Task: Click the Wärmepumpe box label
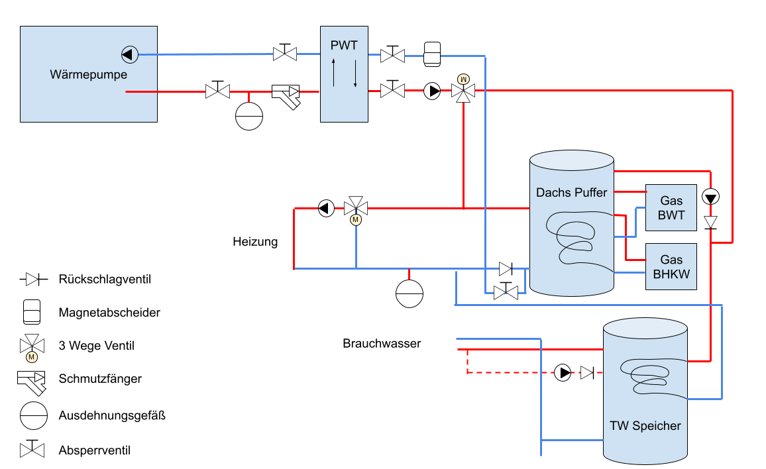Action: click(88, 75)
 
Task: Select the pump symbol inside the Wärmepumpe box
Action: click(130, 54)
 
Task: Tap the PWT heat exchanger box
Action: click(344, 74)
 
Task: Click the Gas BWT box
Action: click(671, 207)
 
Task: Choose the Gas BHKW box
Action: click(671, 267)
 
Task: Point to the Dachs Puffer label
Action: click(572, 193)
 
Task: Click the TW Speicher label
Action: click(645, 426)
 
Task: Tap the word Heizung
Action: click(255, 242)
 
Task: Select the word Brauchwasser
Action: click(382, 343)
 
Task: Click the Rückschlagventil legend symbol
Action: click(34, 280)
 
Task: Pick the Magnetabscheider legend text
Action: click(109, 313)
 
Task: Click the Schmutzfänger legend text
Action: click(100, 379)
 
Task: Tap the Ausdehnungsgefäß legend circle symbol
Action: click(34, 416)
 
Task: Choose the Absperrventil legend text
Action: click(94, 450)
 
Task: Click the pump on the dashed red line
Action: click(563, 373)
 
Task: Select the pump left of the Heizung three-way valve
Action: click(326, 209)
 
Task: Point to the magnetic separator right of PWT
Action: click(432, 54)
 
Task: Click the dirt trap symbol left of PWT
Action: click(286, 97)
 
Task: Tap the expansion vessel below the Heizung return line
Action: click(410, 294)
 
